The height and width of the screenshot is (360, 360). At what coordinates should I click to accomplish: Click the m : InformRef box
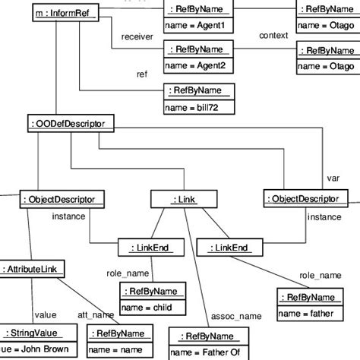[x=66, y=13]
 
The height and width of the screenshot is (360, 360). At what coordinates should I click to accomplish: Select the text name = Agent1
[x=194, y=25]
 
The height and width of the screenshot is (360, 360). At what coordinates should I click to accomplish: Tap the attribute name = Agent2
[x=194, y=66]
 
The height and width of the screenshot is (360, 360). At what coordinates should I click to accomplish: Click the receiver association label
[x=138, y=36]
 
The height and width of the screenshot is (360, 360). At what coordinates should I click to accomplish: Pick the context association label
[x=273, y=36]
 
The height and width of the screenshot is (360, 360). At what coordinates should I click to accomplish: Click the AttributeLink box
[x=33, y=269]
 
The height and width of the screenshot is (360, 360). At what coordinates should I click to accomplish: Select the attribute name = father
[x=306, y=313]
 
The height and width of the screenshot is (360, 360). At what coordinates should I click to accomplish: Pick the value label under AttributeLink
[x=46, y=314]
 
